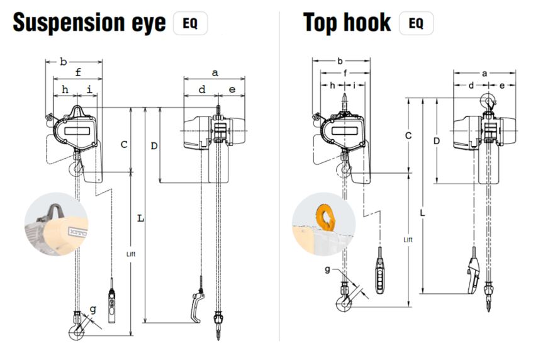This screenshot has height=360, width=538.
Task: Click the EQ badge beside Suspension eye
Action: coord(189,24)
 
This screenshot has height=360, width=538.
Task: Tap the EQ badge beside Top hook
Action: coord(416,24)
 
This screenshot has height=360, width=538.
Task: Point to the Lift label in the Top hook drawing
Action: coord(408,240)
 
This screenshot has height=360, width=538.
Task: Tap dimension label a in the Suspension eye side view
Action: coord(215,73)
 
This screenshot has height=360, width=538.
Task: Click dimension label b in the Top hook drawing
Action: coord(340,61)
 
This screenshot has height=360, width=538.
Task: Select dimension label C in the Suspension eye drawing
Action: coord(124,143)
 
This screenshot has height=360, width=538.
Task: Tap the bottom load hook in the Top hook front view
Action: coord(344,304)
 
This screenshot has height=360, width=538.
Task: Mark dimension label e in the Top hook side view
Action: coord(502,85)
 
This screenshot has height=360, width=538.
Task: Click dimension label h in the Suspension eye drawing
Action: coord(65,90)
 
